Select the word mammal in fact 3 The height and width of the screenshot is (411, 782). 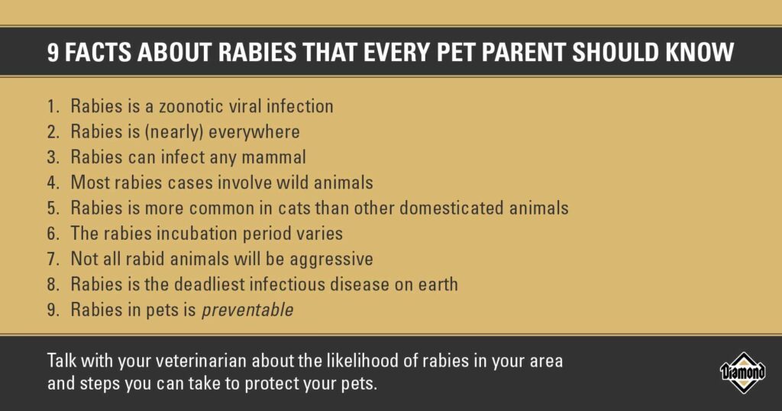coord(273,157)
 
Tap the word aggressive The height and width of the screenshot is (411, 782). coord(331,260)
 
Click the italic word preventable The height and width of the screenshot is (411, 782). coord(247,310)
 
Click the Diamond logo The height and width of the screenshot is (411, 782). coord(743,373)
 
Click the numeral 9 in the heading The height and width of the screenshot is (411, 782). coord(53,53)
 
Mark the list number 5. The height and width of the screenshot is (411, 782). coord(53,208)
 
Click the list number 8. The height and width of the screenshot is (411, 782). coord(53,284)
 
